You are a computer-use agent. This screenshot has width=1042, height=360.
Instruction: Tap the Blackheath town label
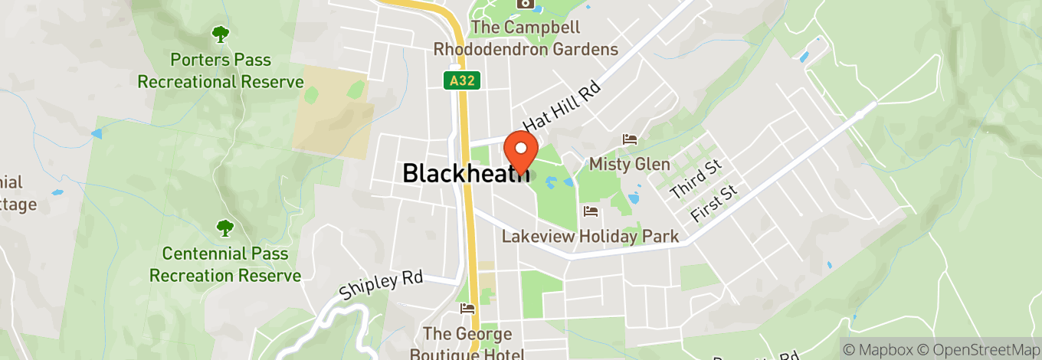(466, 173)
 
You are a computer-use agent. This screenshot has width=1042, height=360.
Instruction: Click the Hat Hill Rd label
(562, 106)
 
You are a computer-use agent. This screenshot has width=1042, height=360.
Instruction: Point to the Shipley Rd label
(381, 285)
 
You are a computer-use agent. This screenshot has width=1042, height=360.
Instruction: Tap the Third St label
(695, 180)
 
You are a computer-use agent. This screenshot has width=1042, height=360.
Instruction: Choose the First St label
(714, 204)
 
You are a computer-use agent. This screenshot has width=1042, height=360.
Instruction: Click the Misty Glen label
(629, 164)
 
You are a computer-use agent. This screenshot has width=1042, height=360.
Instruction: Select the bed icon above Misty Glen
(630, 139)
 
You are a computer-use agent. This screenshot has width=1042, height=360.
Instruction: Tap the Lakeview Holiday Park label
(590, 236)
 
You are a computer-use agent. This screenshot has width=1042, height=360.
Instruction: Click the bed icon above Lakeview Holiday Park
(590, 211)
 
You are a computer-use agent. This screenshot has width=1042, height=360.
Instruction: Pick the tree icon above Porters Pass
(221, 34)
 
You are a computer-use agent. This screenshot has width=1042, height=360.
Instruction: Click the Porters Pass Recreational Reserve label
(221, 70)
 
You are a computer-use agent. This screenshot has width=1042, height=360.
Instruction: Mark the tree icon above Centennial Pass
(224, 227)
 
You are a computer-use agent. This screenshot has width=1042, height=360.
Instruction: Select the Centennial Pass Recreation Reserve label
(225, 264)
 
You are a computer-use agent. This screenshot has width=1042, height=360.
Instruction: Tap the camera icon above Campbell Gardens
(526, 4)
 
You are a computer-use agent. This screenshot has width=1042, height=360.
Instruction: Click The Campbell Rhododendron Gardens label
(526, 38)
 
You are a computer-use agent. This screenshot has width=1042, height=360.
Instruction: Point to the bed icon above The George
(467, 309)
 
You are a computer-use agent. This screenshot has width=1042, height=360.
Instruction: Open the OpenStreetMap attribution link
(980, 349)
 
